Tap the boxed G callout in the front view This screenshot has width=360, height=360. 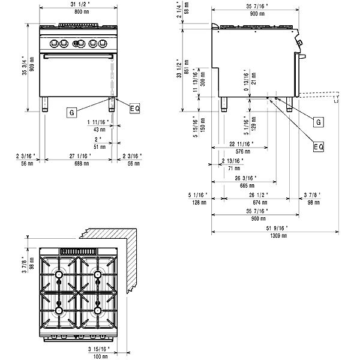pos(71,112)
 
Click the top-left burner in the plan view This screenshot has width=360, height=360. pos(59,275)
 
